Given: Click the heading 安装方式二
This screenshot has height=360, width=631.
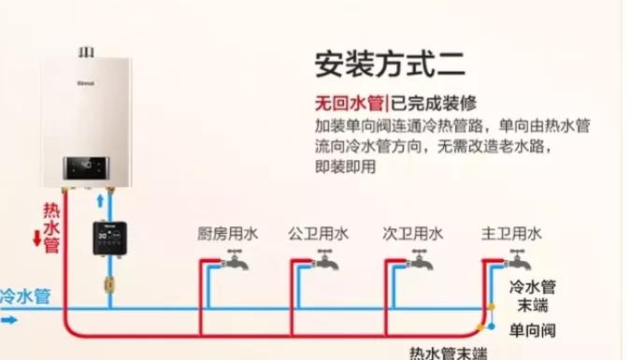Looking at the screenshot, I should pyautogui.click(x=391, y=65).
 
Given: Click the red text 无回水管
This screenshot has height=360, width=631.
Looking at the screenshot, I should pyautogui.click(x=348, y=104).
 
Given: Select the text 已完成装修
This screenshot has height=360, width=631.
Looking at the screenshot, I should pyautogui.click(x=426, y=104).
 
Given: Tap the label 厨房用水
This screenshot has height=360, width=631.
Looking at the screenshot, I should pyautogui.click(x=226, y=234).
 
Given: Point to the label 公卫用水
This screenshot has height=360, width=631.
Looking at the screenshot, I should pyautogui.click(x=318, y=234).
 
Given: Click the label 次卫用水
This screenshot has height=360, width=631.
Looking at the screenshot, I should pyautogui.click(x=412, y=234).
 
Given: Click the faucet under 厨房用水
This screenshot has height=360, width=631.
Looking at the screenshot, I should pyautogui.click(x=233, y=262).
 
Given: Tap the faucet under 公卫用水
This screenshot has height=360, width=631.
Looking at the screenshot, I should pyautogui.click(x=323, y=262).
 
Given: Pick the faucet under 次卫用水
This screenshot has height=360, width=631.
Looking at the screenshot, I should pyautogui.click(x=417, y=262).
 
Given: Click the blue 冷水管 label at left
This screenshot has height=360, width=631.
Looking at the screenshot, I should pyautogui.click(x=25, y=296).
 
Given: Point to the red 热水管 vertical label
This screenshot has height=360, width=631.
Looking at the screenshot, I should pyautogui.click(x=51, y=224).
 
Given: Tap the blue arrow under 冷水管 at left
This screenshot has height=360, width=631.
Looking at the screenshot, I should pyautogui.click(x=8, y=319).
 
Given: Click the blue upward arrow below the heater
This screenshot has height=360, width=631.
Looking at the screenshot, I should pyautogui.click(x=99, y=201).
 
